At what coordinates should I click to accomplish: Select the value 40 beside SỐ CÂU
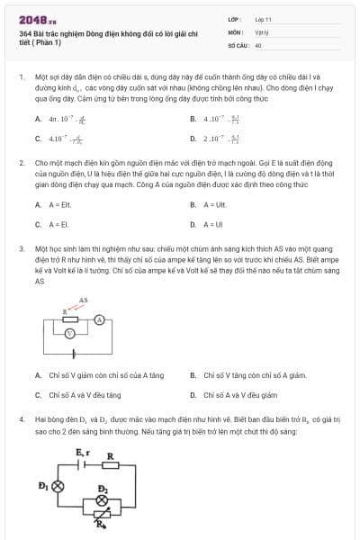click(258, 44)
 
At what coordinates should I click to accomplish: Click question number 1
click(21, 78)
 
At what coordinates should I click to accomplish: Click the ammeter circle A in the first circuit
click(101, 319)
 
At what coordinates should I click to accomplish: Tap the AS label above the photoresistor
click(84, 300)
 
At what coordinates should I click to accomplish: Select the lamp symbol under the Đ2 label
click(103, 500)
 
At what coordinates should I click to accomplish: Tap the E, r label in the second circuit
click(82, 452)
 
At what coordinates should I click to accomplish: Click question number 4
click(21, 419)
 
